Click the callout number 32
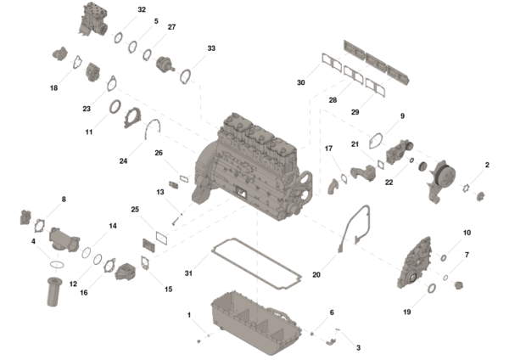[x=142, y=10]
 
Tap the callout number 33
[x=211, y=48]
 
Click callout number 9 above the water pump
[x=402, y=115]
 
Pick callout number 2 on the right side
[x=487, y=165]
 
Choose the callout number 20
[x=316, y=274]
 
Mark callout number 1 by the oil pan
[x=189, y=315]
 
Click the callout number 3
[x=358, y=347]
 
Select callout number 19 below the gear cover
[x=406, y=312]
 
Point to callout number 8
[x=63, y=200]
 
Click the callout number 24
[x=123, y=160]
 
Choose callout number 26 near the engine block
[x=159, y=153]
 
